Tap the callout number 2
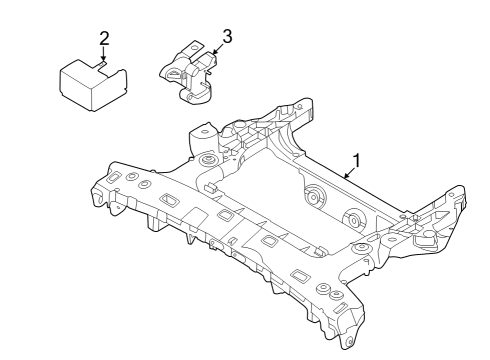104,39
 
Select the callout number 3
227,36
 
